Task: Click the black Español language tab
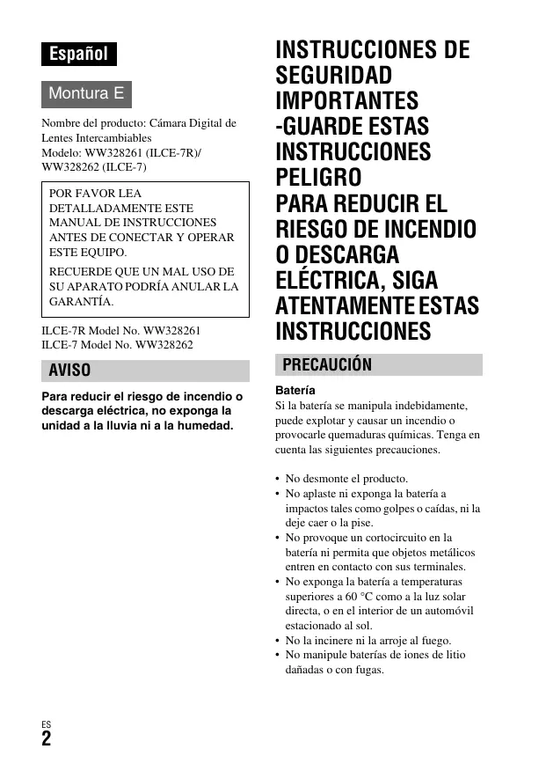coord(78,54)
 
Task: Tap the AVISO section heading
coord(69,371)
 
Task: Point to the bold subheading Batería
coord(295,390)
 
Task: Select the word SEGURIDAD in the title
coord(334,75)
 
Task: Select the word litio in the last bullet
coord(453,655)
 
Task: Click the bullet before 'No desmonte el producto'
coord(278,479)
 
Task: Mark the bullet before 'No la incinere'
coord(278,641)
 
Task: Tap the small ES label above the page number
coord(46,724)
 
